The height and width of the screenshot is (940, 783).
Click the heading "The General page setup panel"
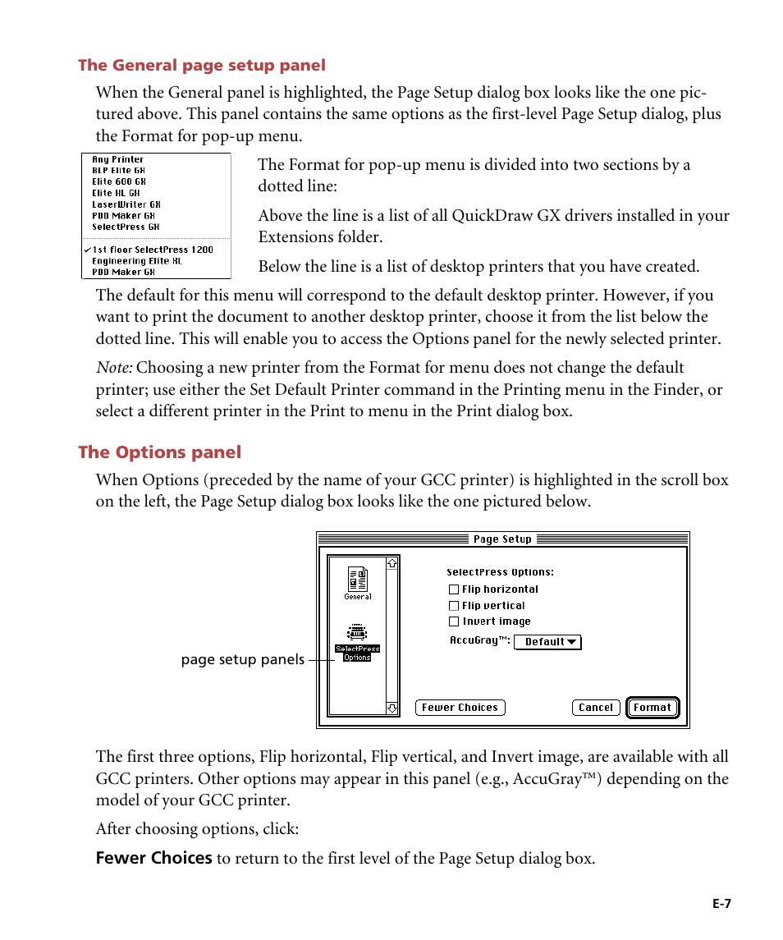(202, 66)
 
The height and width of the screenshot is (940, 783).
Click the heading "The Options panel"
(160, 452)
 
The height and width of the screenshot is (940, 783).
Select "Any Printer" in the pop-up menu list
(117, 160)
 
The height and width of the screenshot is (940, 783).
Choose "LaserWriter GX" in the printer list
(126, 204)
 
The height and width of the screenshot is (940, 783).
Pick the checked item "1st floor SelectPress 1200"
(152, 250)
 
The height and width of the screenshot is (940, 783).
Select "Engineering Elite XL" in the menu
(137, 261)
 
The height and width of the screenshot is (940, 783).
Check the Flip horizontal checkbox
(454, 589)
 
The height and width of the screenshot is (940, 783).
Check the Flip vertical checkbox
(454, 606)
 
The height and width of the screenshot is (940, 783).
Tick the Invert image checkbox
(454, 621)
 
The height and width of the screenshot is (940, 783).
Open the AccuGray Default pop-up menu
(547, 642)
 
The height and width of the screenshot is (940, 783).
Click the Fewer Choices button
(460, 708)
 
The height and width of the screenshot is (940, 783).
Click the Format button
(652, 708)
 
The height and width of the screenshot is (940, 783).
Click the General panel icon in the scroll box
(358, 580)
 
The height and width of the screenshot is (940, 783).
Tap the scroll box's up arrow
(392, 564)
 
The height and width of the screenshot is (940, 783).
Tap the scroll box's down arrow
(392, 708)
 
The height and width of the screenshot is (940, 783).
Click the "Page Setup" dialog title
(502, 539)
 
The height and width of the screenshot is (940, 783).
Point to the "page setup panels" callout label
(242, 660)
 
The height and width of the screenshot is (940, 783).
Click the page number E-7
(721, 904)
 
